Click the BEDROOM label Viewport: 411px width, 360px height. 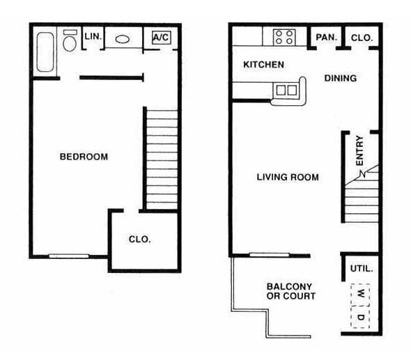coord(84,157)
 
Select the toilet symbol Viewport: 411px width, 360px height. coord(70,42)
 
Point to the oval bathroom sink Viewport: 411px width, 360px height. coord(123,40)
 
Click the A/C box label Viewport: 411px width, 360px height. coord(161,38)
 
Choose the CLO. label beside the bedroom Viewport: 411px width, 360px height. coord(139,239)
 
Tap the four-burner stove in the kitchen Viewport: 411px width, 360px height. coord(284,37)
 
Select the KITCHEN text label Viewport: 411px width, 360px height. coord(263,65)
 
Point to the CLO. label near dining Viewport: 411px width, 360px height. coord(361,38)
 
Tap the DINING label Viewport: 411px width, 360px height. coord(340,78)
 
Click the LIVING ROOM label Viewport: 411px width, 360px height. coord(288,178)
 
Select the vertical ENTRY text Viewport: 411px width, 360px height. coord(360,150)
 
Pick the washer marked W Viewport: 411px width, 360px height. coord(361,294)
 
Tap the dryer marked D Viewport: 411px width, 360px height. coord(361,318)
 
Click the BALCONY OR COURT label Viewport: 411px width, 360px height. coord(290,291)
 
